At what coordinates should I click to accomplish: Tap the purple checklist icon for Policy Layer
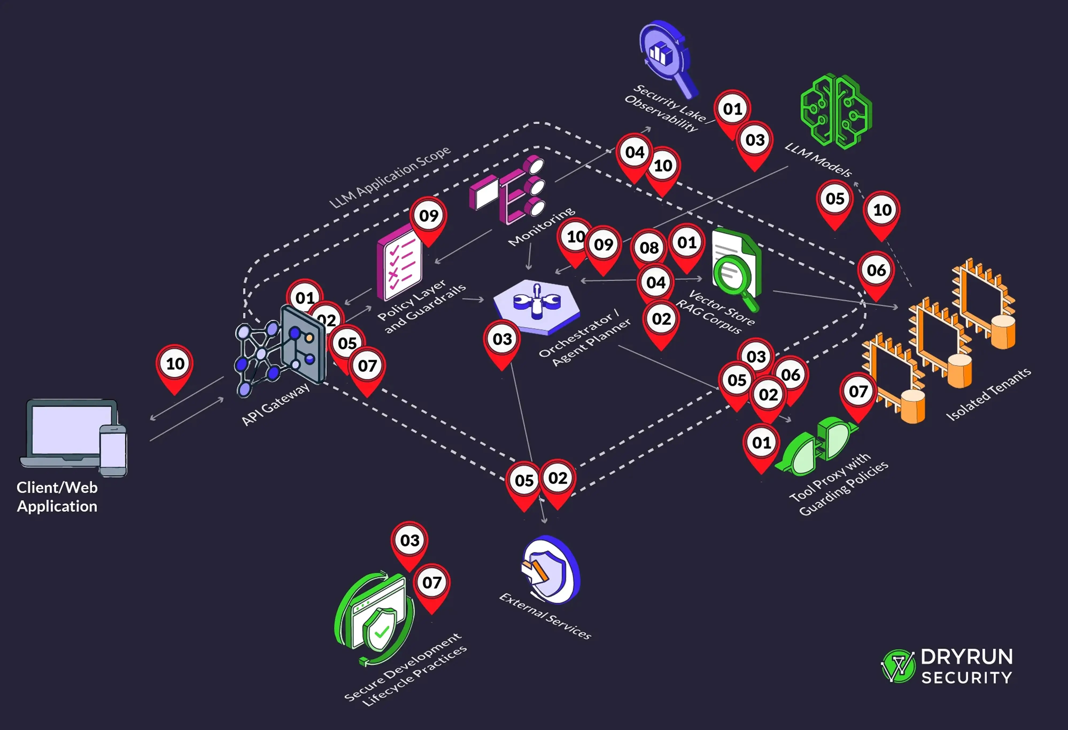399,264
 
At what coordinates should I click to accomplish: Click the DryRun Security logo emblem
897,666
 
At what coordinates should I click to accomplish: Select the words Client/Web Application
57,497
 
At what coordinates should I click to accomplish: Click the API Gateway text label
276,404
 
